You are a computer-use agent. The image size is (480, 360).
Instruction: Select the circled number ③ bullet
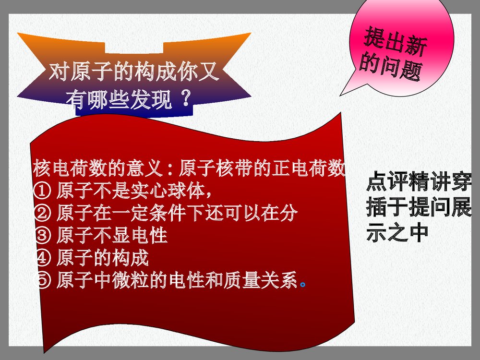(x=42, y=236)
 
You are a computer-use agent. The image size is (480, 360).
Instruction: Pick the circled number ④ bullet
(x=42, y=258)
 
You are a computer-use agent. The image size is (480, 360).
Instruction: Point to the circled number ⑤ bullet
(x=42, y=281)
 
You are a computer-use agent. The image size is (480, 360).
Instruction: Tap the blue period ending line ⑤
(x=302, y=283)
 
